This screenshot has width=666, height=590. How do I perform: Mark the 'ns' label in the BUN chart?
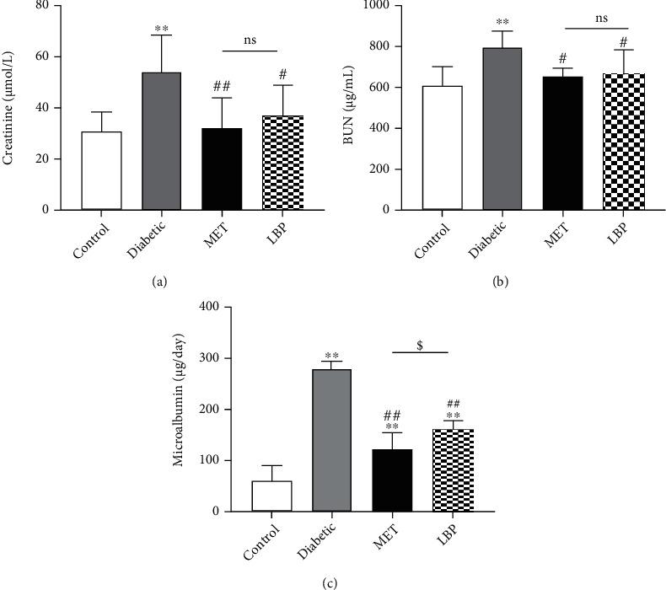pyautogui.click(x=596, y=18)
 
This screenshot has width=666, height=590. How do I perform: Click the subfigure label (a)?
pyautogui.click(x=158, y=283)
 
